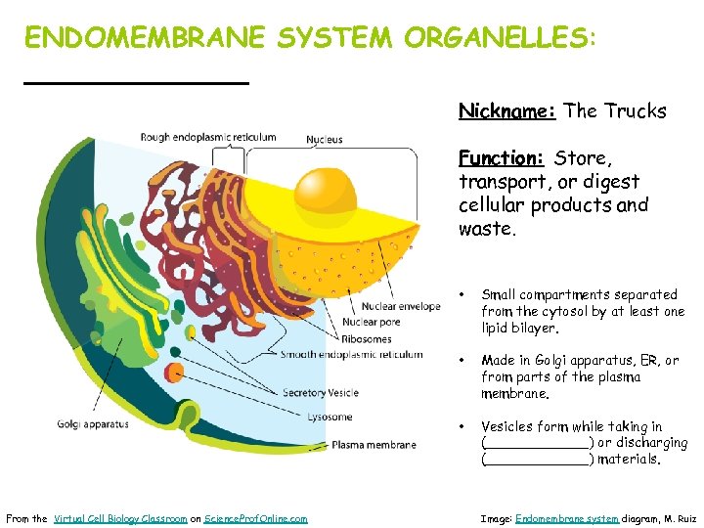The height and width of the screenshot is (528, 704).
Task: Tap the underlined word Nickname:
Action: (507, 111)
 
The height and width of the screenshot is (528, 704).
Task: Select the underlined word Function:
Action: (501, 158)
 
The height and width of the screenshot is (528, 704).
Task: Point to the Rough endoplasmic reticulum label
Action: (208, 138)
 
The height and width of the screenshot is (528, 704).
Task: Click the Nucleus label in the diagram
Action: (325, 140)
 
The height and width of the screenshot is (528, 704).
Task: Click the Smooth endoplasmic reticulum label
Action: (351, 355)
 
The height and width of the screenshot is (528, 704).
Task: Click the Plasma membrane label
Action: (374, 445)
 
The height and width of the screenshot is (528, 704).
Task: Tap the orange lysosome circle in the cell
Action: (174, 372)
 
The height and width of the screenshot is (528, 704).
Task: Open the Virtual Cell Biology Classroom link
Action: (120, 518)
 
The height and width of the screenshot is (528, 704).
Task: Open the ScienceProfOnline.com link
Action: (256, 518)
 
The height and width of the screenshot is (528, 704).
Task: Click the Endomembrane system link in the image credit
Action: (566, 518)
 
